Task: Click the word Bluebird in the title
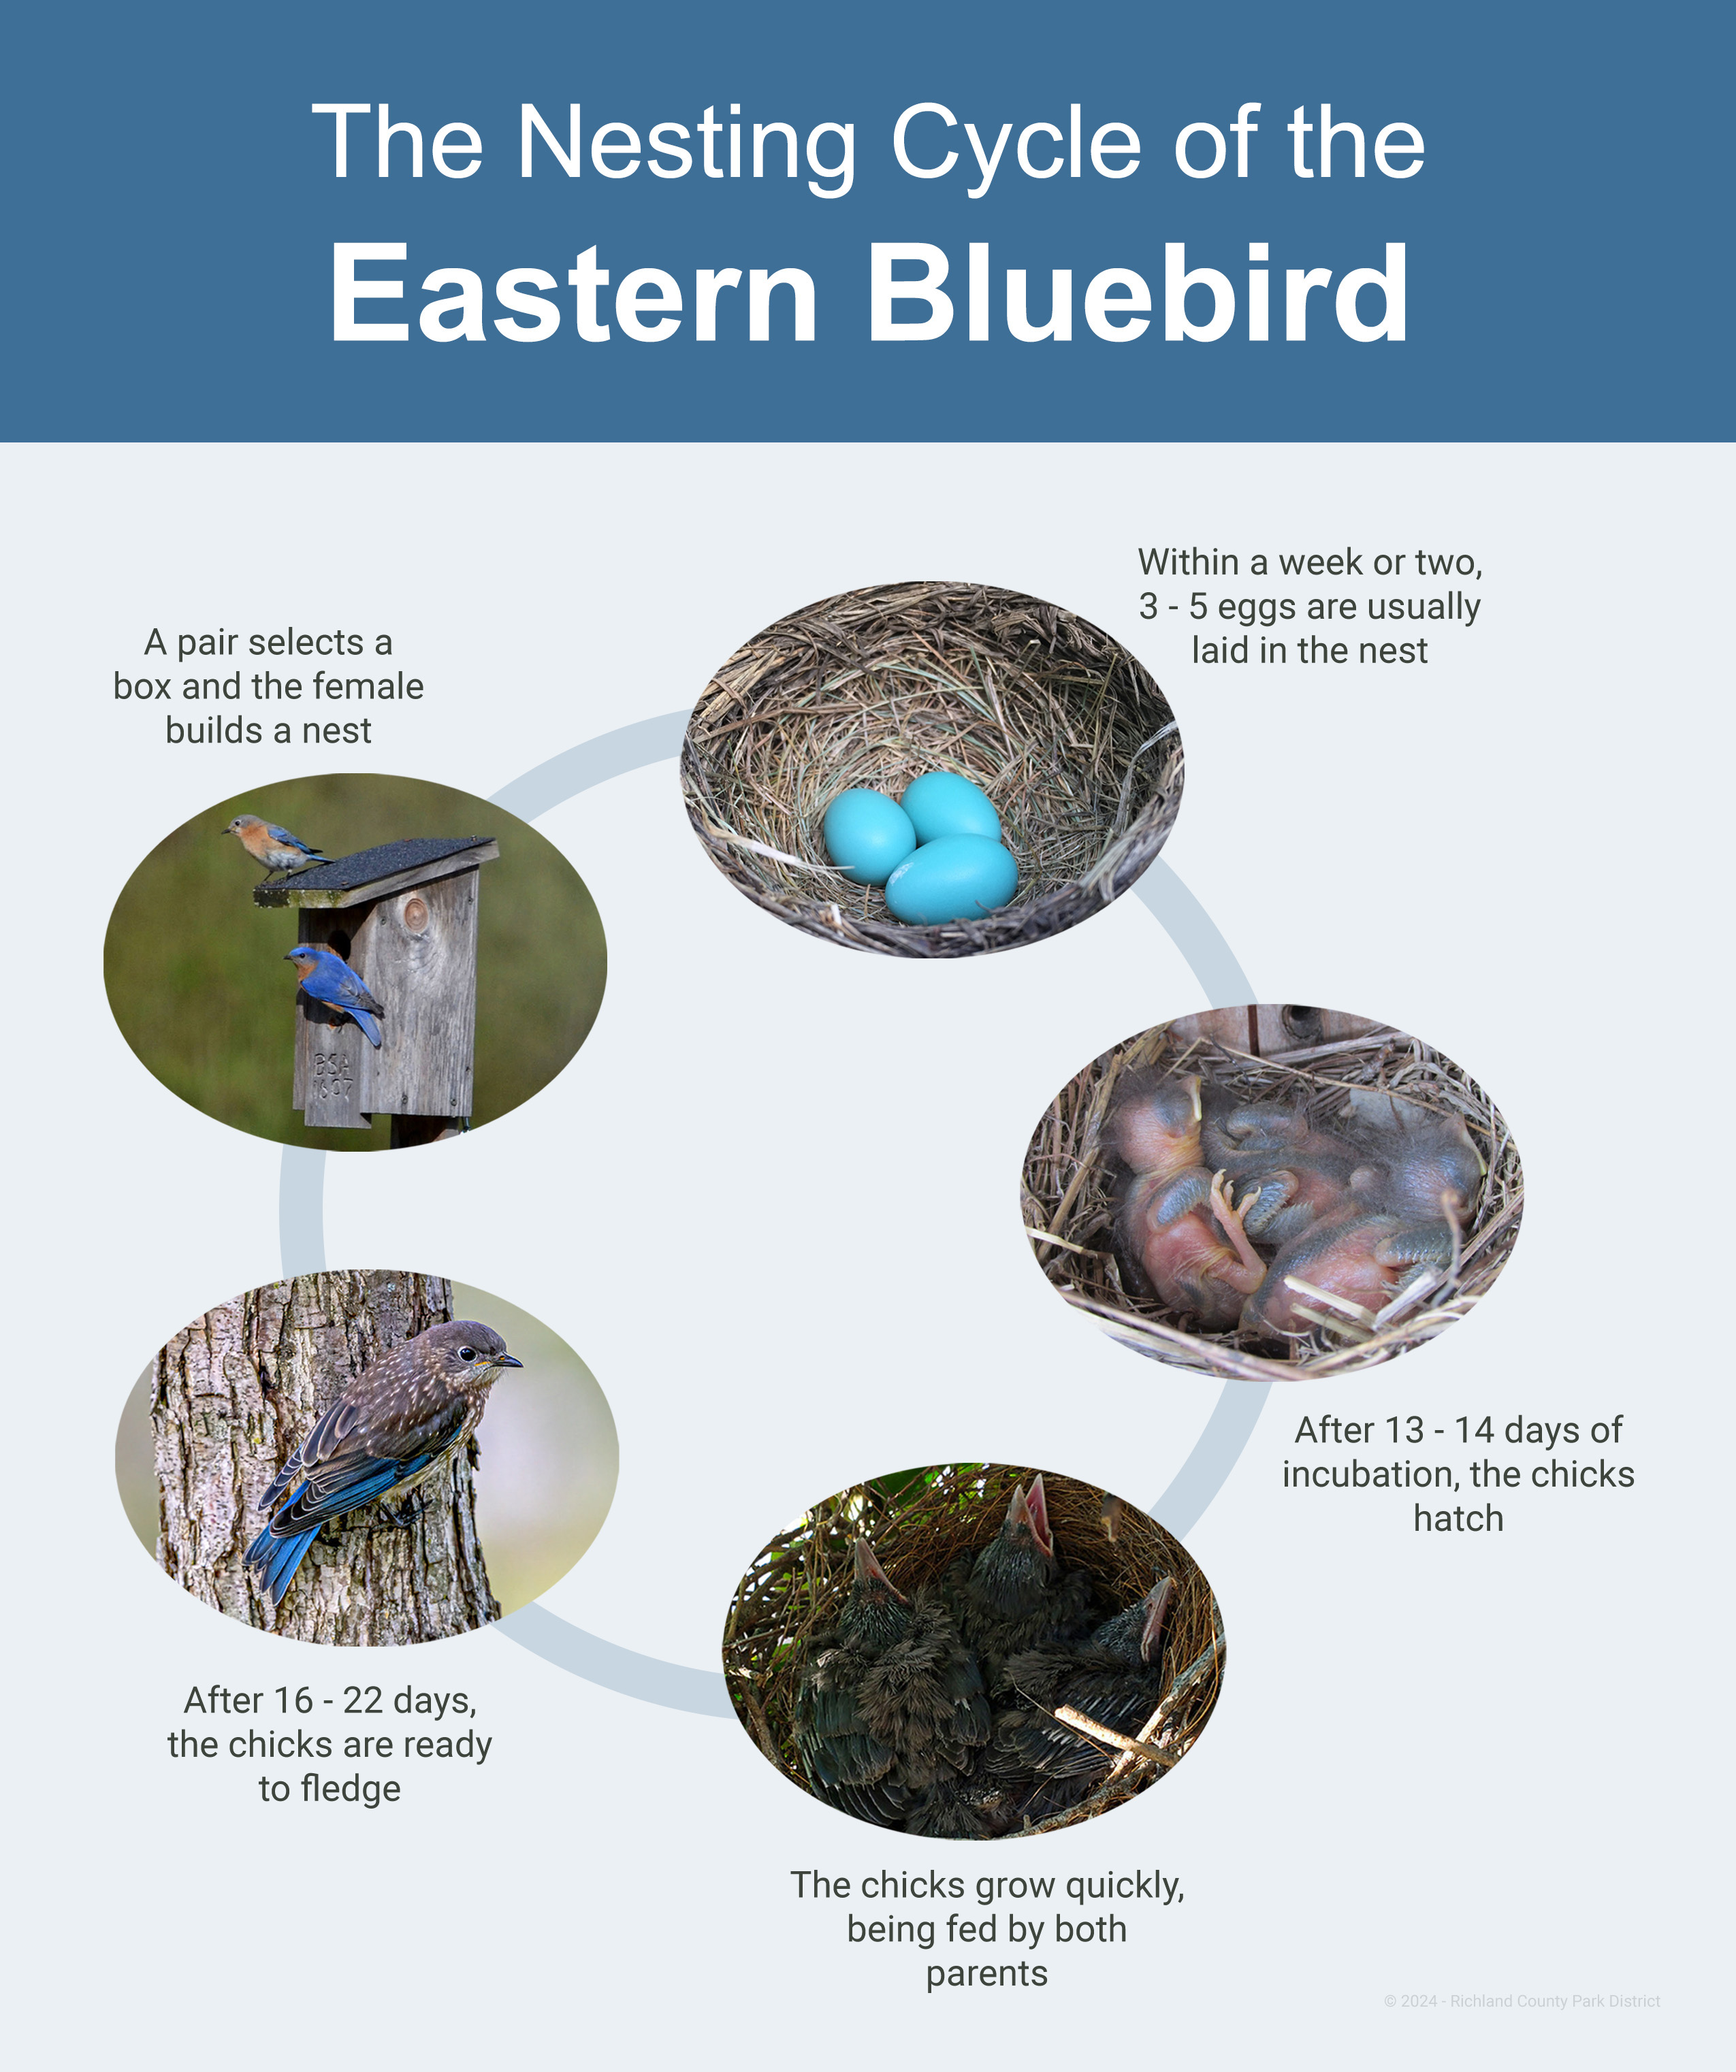1137,293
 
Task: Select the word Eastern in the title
573,294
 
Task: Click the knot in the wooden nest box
415,915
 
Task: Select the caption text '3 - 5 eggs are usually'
1310,606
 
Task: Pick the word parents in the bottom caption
987,1973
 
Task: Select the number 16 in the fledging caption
294,1700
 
